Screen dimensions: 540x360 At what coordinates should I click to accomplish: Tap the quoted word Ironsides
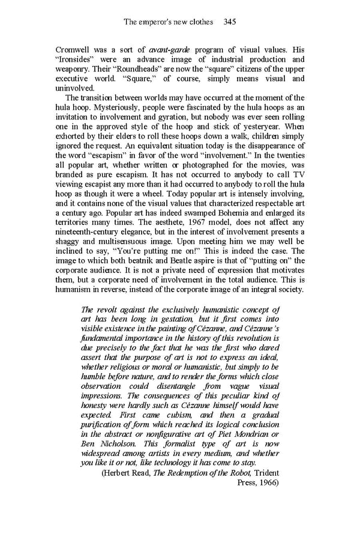coord(76,59)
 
